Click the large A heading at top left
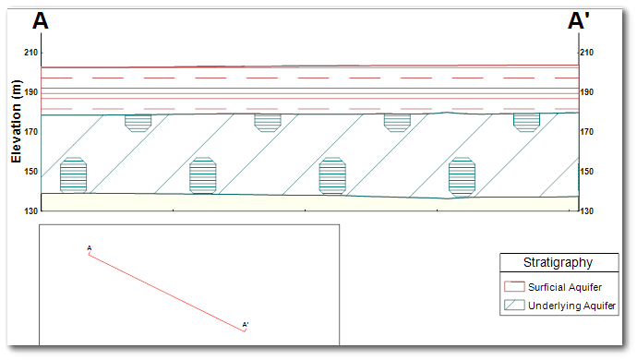(41, 21)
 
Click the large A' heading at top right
(579, 21)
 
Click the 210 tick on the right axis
(586, 53)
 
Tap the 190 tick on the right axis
(586, 92)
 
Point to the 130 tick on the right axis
(586, 211)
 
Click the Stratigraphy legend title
(558, 263)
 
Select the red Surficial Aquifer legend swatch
(514, 287)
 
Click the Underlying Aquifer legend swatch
(514, 305)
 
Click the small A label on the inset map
(89, 247)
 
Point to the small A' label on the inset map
(246, 324)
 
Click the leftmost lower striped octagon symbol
(73, 175)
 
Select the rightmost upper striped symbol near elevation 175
(526, 122)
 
